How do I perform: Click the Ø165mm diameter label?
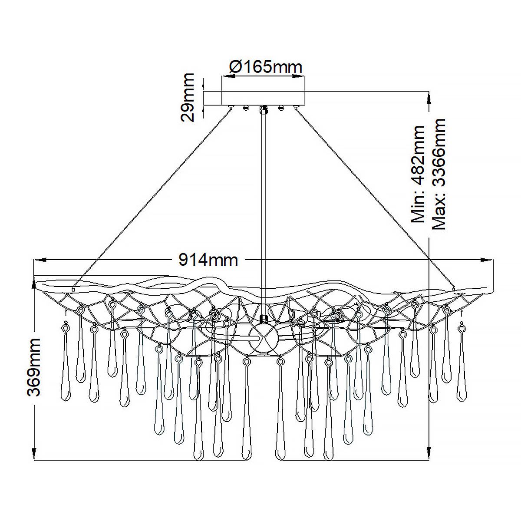tap(265, 67)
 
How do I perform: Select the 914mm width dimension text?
tap(208, 260)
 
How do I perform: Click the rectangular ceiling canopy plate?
tap(263, 98)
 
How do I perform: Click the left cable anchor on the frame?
tap(74, 289)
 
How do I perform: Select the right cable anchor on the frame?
tap(453, 288)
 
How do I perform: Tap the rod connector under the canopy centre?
tap(263, 109)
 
